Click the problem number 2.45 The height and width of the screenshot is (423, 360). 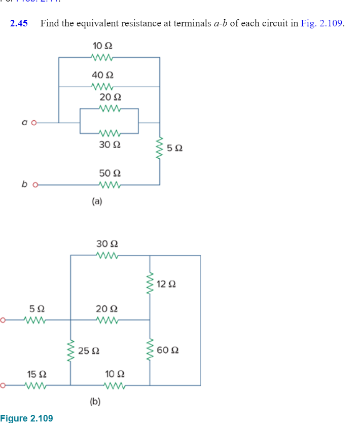[19, 23]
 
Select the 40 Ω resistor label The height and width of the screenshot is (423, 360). [99, 75]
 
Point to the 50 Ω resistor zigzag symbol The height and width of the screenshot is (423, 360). [110, 185]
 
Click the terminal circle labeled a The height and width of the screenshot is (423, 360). [35, 122]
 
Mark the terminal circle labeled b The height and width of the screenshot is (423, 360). [35, 185]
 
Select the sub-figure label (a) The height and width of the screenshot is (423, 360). [97, 201]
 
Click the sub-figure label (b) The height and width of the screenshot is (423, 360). [95, 402]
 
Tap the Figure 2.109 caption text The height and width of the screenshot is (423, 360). [27, 418]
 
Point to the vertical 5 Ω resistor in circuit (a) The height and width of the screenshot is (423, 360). [160, 148]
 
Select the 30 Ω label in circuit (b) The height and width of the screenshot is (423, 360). [106, 244]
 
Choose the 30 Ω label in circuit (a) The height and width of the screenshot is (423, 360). [110, 144]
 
